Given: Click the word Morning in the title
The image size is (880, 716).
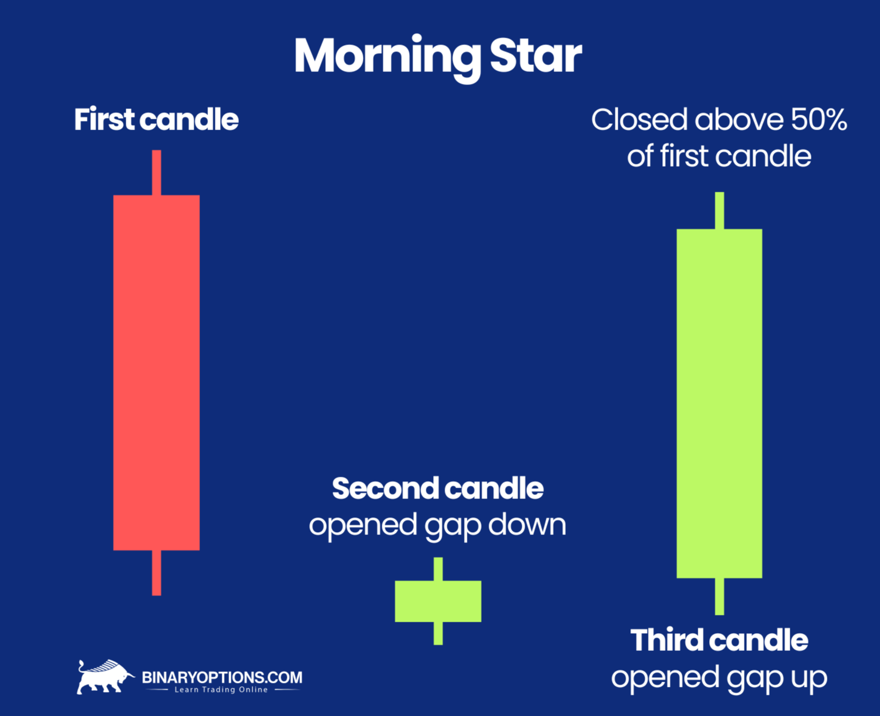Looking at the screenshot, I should (x=387, y=57).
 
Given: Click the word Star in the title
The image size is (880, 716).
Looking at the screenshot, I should (x=535, y=57).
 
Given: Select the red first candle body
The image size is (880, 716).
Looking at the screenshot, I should (x=157, y=372).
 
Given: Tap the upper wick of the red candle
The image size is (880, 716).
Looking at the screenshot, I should (x=157, y=172).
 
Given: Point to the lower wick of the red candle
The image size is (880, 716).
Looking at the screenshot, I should (x=157, y=573).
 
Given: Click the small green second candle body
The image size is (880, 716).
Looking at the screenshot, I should (x=438, y=601).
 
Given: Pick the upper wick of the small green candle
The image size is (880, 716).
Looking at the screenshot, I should (x=438, y=569).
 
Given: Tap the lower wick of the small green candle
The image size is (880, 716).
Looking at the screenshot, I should (x=438, y=633).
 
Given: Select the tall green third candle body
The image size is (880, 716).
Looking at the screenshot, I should (x=719, y=403).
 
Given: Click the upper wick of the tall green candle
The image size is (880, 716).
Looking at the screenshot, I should (x=719, y=211).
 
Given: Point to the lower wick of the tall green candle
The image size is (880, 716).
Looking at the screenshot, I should (x=719, y=596).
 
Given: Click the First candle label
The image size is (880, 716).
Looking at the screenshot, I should (x=156, y=120).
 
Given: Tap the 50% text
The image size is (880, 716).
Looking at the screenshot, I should (x=818, y=120).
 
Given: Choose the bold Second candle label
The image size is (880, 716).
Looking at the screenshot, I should (x=438, y=489).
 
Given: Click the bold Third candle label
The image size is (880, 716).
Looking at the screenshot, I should (x=719, y=640).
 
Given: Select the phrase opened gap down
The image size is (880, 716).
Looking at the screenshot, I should (x=438, y=525).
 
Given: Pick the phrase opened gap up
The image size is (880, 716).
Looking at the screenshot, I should (x=719, y=678).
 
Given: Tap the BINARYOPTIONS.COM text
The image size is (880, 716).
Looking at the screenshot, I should (x=222, y=677).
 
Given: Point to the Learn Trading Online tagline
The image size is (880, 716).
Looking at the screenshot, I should (x=221, y=690).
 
